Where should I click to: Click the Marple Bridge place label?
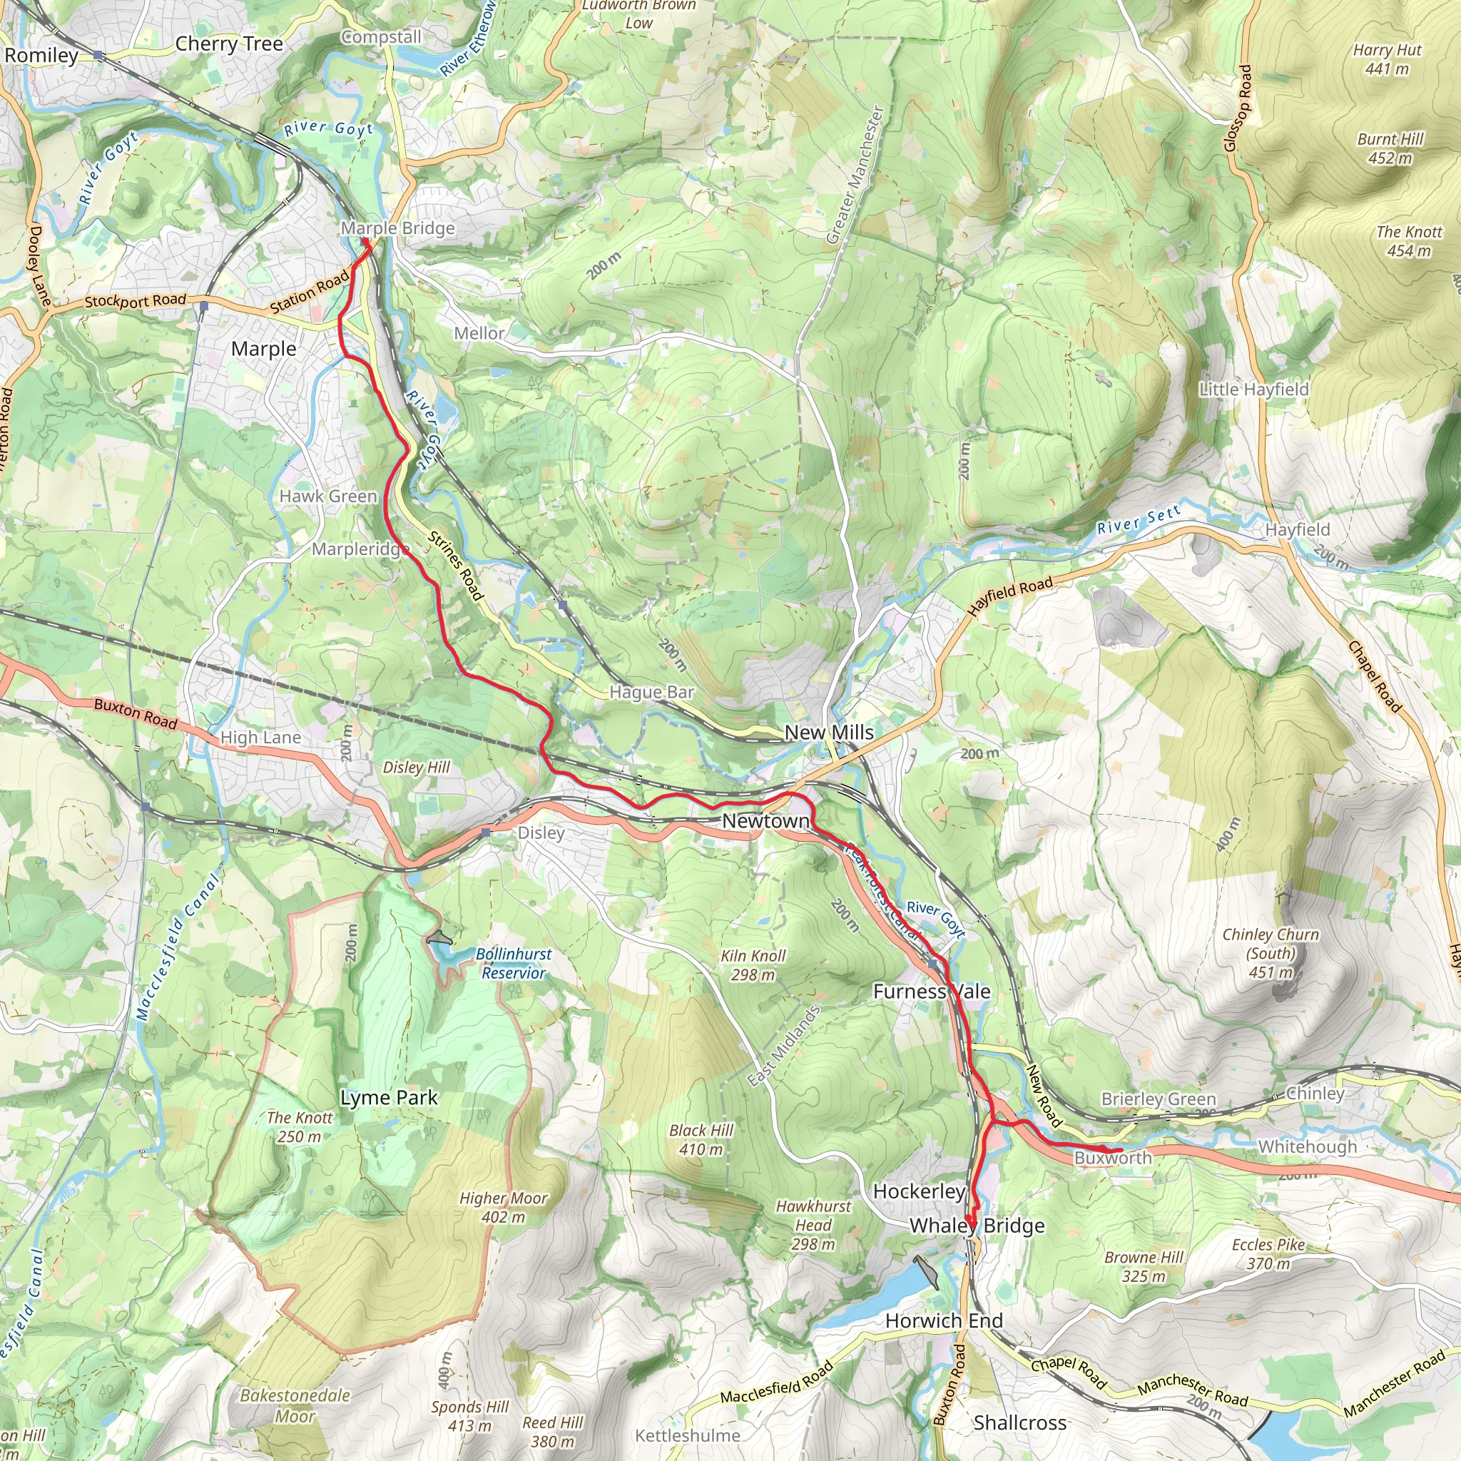click(398, 228)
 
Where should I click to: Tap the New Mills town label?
click(829, 732)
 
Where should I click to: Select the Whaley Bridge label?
click(977, 1226)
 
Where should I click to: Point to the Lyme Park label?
click(389, 1098)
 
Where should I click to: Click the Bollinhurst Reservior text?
click(514, 963)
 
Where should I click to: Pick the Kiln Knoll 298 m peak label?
click(753, 965)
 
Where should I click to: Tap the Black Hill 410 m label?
click(701, 1139)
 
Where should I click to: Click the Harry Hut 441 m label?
click(1387, 59)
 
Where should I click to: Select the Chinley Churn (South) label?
click(1271, 953)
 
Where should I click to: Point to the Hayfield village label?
click(1298, 529)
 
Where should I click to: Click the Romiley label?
click(41, 55)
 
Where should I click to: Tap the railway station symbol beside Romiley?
click(98, 55)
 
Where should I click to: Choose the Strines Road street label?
click(455, 566)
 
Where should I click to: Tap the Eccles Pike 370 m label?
click(1268, 1254)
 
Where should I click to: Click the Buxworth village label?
click(1112, 1158)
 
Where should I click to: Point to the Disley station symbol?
click(486, 831)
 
